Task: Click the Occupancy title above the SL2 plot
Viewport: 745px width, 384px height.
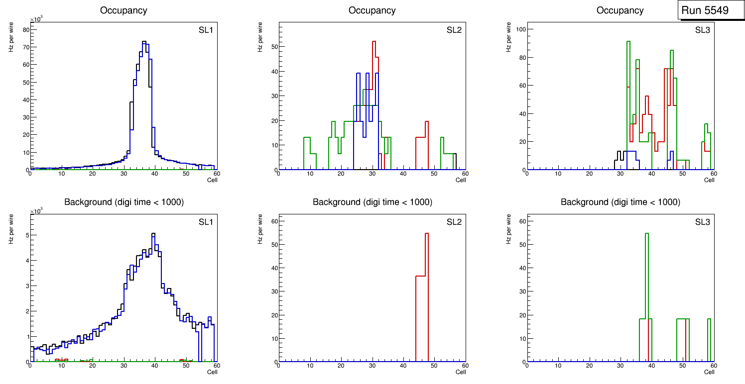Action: [x=372, y=10]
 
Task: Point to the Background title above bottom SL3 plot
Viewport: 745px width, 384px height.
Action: [x=620, y=202]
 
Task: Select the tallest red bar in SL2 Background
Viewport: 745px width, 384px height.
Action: [x=427, y=234]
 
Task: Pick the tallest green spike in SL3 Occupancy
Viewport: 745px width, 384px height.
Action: [x=628, y=42]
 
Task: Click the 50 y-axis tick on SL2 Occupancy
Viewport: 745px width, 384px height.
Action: [x=273, y=47]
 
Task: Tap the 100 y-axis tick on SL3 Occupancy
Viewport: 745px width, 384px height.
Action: [x=520, y=29]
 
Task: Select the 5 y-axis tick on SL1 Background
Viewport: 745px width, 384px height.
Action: [x=27, y=235]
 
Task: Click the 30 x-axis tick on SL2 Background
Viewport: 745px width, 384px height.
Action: [x=372, y=367]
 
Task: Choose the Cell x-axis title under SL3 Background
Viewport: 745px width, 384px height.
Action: [x=709, y=372]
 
